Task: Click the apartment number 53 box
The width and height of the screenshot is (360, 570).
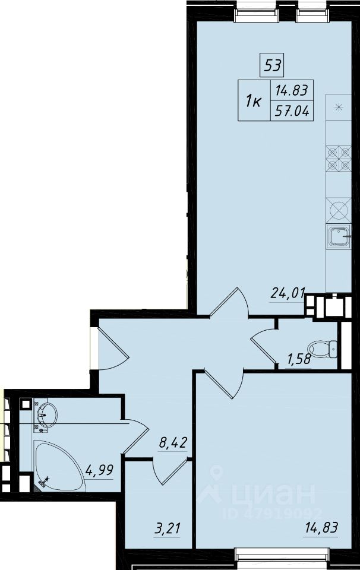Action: [x=272, y=65]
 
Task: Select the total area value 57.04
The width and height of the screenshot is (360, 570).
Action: [x=292, y=110]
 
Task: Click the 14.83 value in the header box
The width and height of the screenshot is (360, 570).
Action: [x=292, y=90]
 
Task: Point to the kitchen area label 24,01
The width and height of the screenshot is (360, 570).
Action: [x=288, y=293]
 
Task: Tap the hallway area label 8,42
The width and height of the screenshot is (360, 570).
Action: [x=173, y=443]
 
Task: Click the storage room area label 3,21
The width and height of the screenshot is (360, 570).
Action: [x=168, y=528]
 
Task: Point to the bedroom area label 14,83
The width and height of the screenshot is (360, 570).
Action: [x=321, y=527]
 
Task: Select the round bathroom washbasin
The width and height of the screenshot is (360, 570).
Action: [x=46, y=415]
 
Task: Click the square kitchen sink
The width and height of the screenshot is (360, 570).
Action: [x=339, y=236]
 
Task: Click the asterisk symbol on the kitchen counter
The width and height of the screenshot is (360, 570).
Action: [x=339, y=107]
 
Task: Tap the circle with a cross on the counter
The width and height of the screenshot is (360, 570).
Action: [x=339, y=210]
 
